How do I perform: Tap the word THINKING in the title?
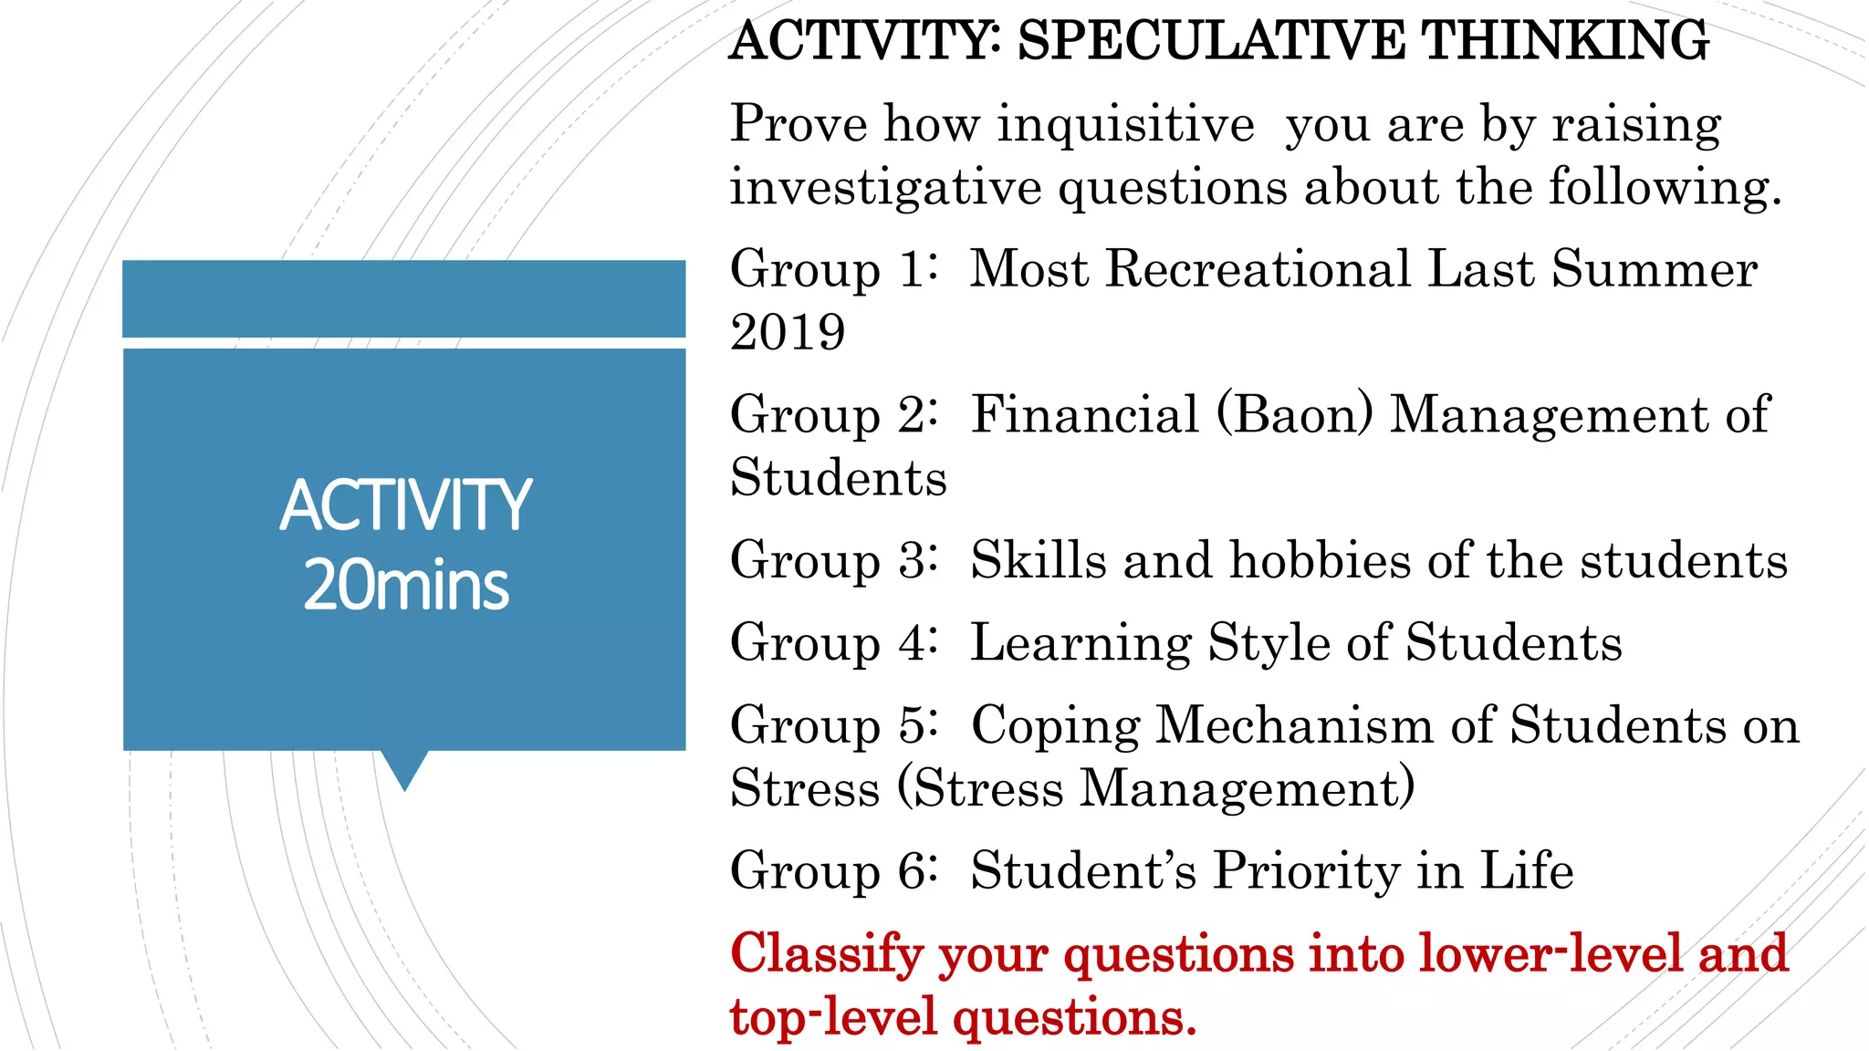[1565, 41]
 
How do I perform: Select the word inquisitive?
[1125, 124]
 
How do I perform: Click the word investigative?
[885, 188]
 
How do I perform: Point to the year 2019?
[788, 332]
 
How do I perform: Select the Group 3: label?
[833, 560]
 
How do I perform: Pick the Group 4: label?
[833, 642]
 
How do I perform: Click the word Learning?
[1081, 642]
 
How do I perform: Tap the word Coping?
[1055, 726]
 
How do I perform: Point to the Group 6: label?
[833, 870]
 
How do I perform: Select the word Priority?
[1302, 870]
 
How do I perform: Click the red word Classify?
[827, 955]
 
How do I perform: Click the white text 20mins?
[405, 585]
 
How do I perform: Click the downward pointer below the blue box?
[404, 769]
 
